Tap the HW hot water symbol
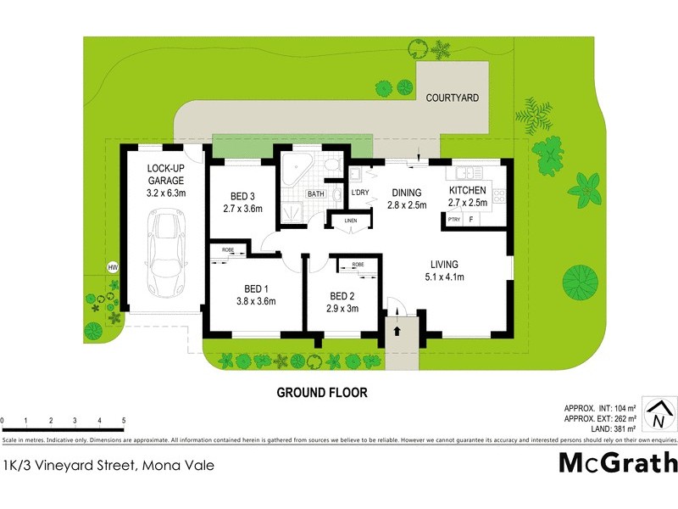click(x=112, y=267)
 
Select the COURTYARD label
click(x=452, y=98)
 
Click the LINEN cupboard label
click(x=348, y=221)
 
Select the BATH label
click(x=315, y=194)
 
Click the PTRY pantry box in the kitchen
click(x=453, y=219)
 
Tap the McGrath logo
click(x=618, y=463)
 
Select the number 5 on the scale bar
click(x=124, y=421)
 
